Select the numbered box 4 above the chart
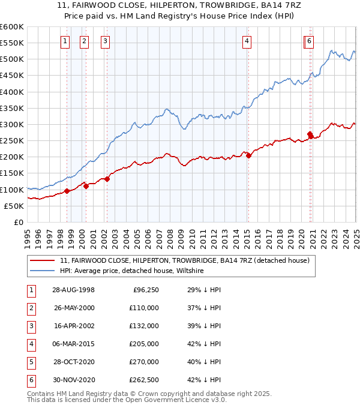pos(247,41)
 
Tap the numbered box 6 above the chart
pos(308,41)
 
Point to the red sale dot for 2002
pos(107,179)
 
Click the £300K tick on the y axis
pos(12,124)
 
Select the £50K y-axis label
pos(14,206)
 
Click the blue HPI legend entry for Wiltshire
pos(132,271)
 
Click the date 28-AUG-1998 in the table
pos(74,290)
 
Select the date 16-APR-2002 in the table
pos(74,326)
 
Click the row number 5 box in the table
pos(29,362)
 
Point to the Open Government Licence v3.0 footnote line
pos(127,400)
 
